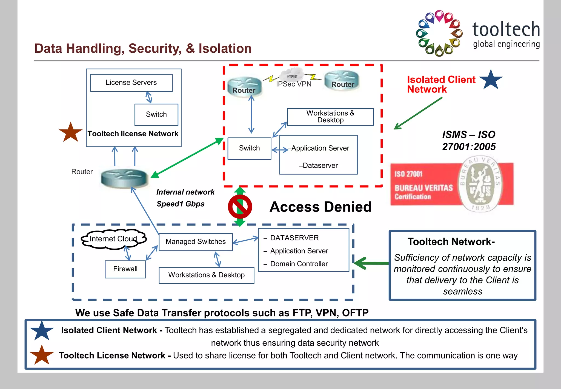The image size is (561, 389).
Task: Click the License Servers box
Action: tap(131, 83)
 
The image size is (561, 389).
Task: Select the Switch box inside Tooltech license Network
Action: tap(156, 114)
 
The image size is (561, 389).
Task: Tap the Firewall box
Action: tap(125, 269)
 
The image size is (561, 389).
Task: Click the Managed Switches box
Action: tap(196, 242)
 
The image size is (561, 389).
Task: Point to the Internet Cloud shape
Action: tap(113, 239)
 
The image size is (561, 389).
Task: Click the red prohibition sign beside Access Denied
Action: tap(240, 207)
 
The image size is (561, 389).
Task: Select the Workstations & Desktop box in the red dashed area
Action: tap(330, 117)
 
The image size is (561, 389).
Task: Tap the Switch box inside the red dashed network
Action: tap(249, 148)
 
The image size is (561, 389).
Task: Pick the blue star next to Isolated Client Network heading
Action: tap(491, 80)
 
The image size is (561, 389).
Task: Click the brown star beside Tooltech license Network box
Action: tap(70, 133)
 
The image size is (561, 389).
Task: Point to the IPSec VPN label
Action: tap(294, 84)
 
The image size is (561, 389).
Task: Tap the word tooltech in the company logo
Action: tap(506, 29)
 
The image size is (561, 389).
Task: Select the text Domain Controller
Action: tap(299, 264)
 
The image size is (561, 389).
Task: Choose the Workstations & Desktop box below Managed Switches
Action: tap(206, 275)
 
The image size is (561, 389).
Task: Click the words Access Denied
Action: tap(320, 207)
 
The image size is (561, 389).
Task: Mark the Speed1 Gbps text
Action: tap(180, 204)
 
